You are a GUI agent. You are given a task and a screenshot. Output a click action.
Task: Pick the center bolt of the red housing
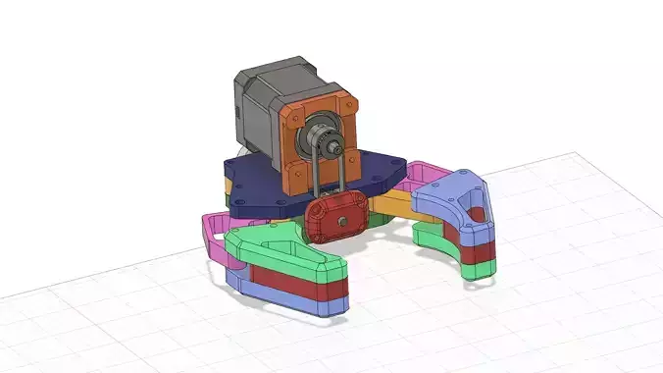click(x=340, y=224)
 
